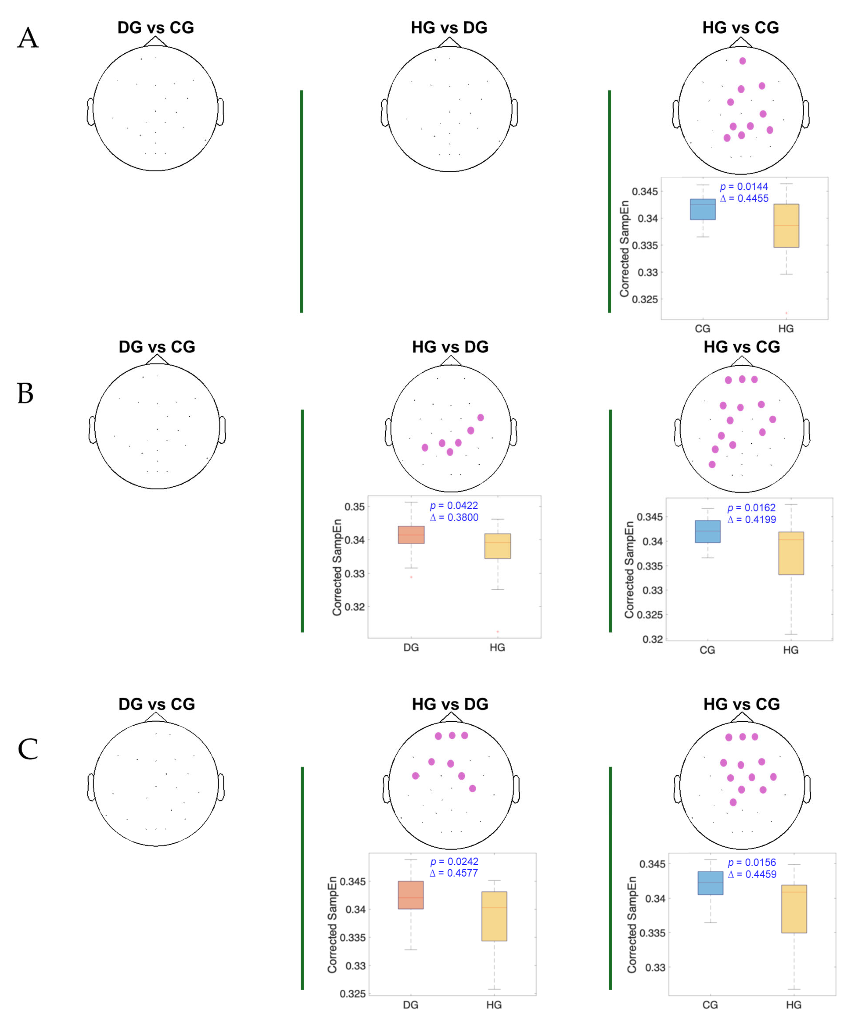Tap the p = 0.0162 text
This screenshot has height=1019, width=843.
pyautogui.click(x=751, y=508)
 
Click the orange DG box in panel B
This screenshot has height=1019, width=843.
pyautogui.click(x=411, y=535)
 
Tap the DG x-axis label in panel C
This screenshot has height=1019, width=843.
pyautogui.click(x=411, y=1005)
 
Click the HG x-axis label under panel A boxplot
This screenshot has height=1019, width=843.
pyautogui.click(x=786, y=329)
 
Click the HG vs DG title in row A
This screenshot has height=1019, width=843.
pyautogui.click(x=449, y=28)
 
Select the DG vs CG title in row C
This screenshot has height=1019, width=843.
pyautogui.click(x=157, y=704)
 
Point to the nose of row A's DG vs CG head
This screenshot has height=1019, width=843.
pyautogui.click(x=155, y=41)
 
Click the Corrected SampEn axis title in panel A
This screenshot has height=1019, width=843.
pyautogui.click(x=624, y=248)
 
